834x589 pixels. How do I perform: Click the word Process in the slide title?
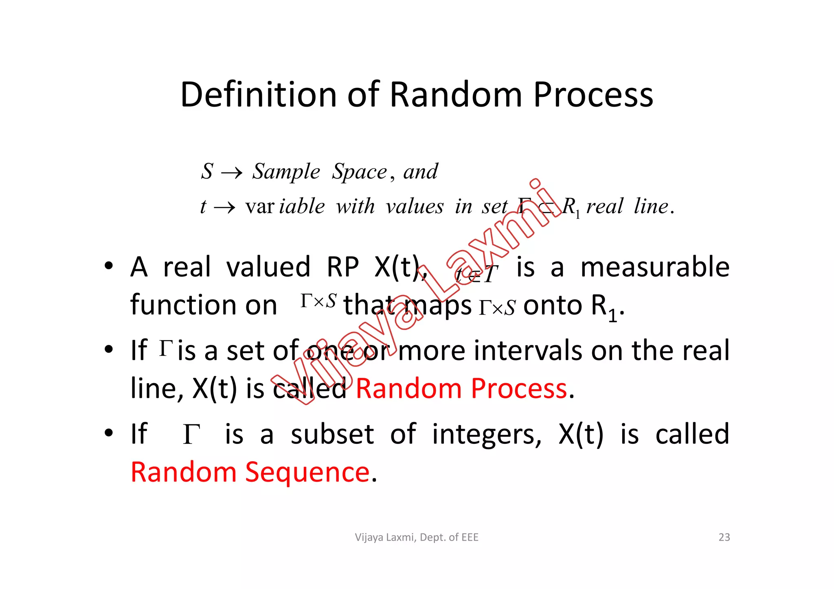pyautogui.click(x=593, y=94)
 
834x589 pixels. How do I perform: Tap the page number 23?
pyautogui.click(x=724, y=537)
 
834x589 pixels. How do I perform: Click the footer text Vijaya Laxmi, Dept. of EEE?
pyautogui.click(x=417, y=537)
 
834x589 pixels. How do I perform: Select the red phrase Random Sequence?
pyautogui.click(x=250, y=472)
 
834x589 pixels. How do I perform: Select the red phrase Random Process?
pyautogui.click(x=461, y=388)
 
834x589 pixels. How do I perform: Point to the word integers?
pyautogui.click(x=487, y=434)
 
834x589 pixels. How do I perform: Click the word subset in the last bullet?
pyautogui.click(x=332, y=434)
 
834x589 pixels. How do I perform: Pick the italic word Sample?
pyautogui.click(x=286, y=172)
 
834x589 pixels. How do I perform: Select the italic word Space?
pyautogui.click(x=359, y=172)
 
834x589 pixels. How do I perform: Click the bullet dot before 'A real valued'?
pyautogui.click(x=108, y=266)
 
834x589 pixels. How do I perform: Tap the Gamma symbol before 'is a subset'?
pyautogui.click(x=191, y=434)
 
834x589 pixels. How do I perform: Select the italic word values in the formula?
pyautogui.click(x=415, y=207)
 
